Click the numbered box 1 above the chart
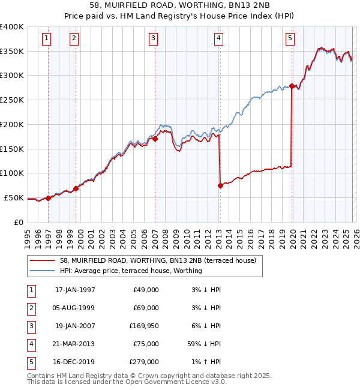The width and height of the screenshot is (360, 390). (x=47, y=38)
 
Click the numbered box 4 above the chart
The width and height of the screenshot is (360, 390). (x=218, y=38)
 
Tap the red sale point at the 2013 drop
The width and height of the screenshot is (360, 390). (x=220, y=185)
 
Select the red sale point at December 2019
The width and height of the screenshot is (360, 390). (x=292, y=86)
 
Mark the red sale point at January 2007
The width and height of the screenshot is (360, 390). (x=155, y=139)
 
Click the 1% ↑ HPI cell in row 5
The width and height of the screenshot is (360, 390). (x=205, y=362)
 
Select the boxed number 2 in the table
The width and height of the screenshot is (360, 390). (x=31, y=308)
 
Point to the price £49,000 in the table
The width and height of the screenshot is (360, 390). (x=146, y=290)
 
